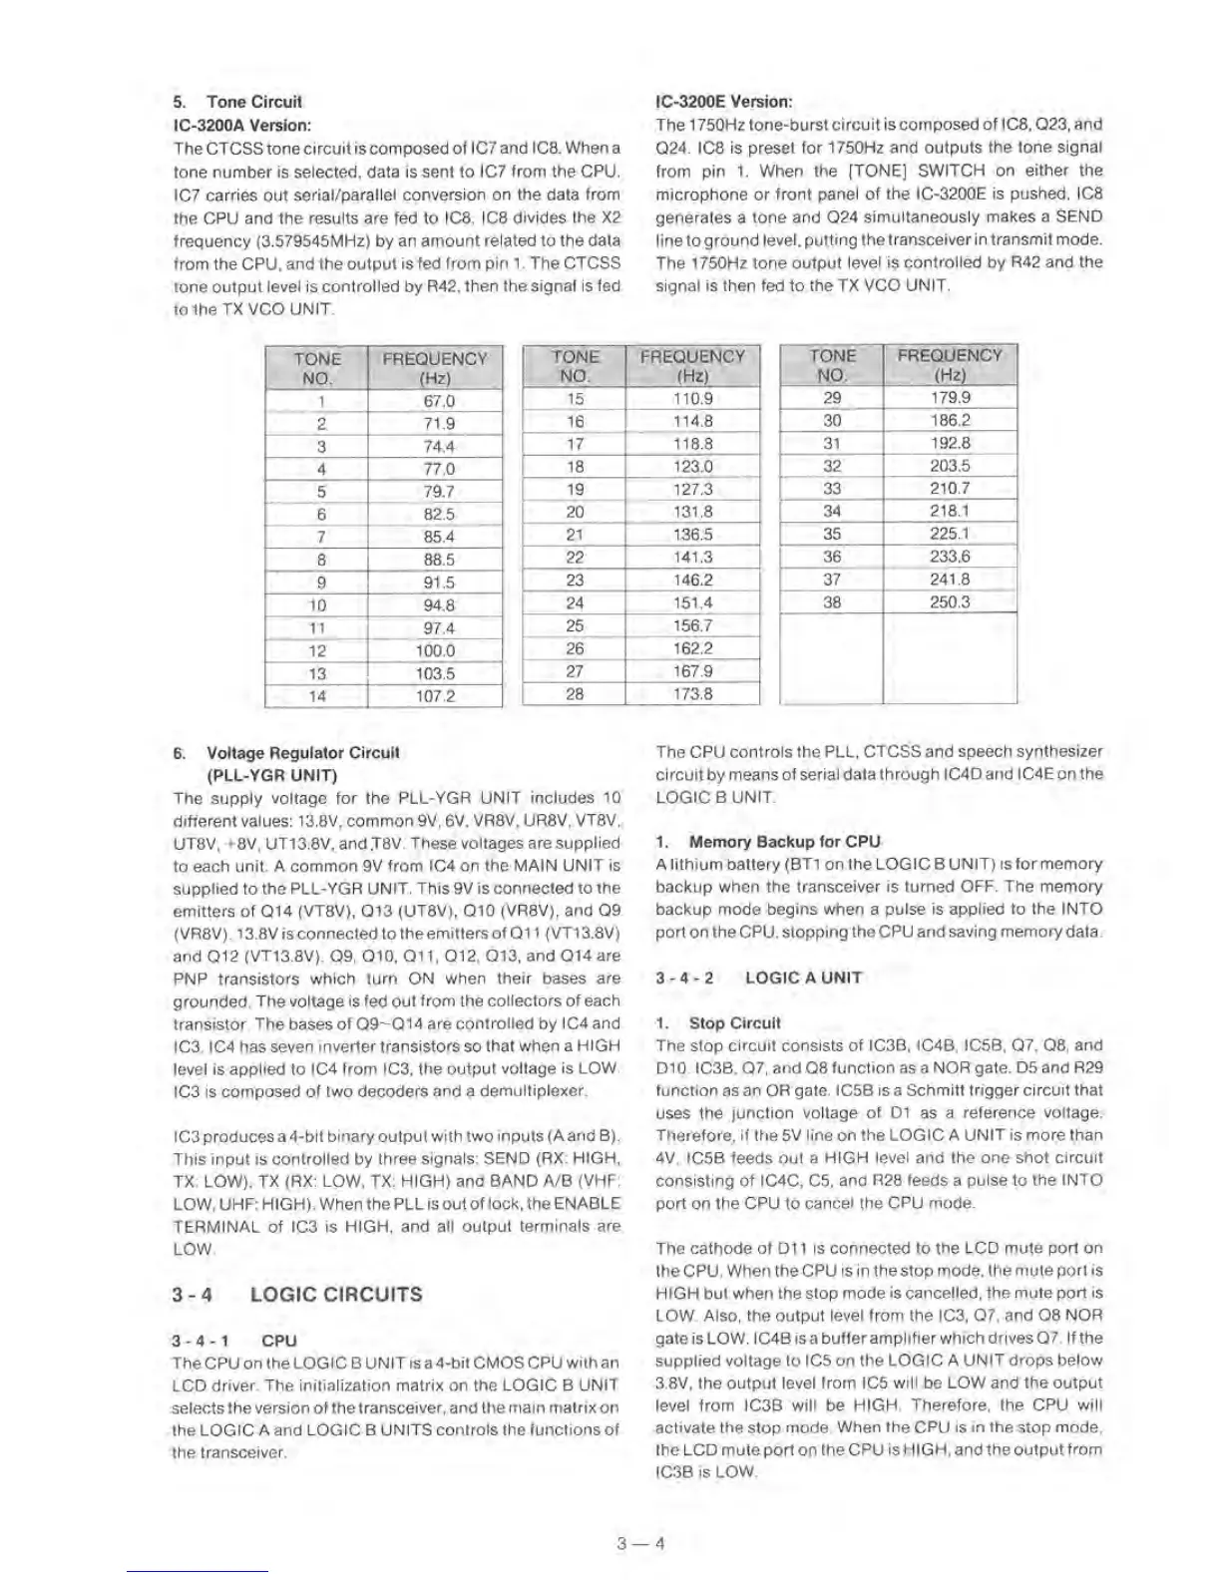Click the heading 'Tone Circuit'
(253, 102)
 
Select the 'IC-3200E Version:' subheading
(723, 102)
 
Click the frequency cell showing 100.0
(436, 650)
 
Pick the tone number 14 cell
(316, 696)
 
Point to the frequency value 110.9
(692, 398)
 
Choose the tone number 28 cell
(575, 693)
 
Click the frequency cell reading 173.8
(692, 693)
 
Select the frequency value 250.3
(950, 602)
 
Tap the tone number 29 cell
(832, 398)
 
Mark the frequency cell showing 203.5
(950, 466)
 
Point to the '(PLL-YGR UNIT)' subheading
(271, 775)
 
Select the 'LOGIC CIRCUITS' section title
(336, 1295)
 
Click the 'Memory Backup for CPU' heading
(785, 842)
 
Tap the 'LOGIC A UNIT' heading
(803, 978)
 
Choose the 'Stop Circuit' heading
(734, 1023)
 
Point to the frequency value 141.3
(692, 558)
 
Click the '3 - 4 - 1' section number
(199, 1341)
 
